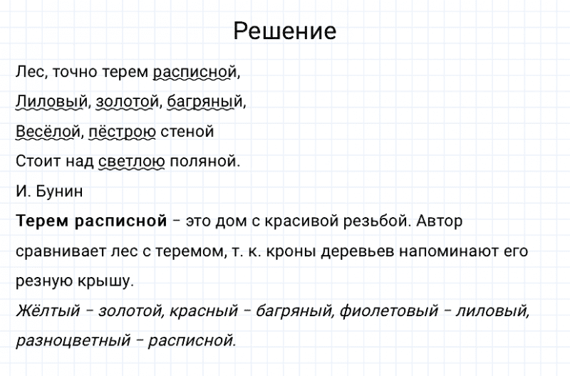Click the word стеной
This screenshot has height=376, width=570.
click(187, 132)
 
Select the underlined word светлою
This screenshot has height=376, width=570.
click(132, 162)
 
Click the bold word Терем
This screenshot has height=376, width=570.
click(41, 221)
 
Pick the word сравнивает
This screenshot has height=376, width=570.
click(58, 252)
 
